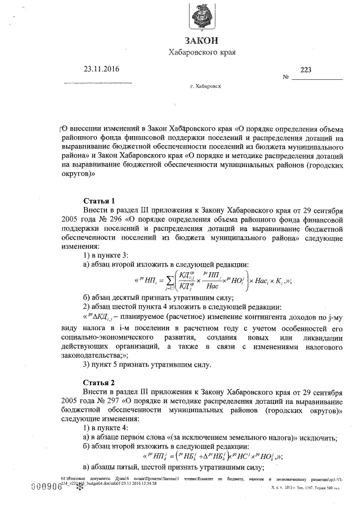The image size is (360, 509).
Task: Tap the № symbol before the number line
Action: pyautogui.click(x=286, y=78)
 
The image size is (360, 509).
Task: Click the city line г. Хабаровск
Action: pyautogui.click(x=206, y=88)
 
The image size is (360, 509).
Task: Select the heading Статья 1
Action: pyautogui.click(x=99, y=201)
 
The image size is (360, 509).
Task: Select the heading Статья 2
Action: pyautogui.click(x=99, y=381)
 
